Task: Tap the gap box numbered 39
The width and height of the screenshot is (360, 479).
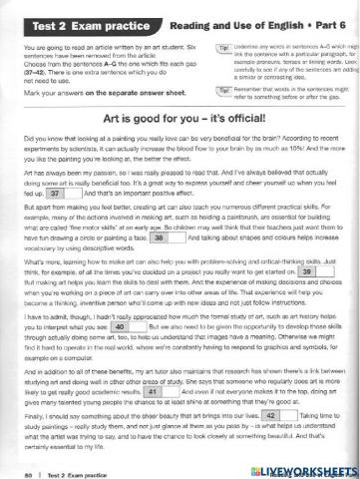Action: coord(309,298)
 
